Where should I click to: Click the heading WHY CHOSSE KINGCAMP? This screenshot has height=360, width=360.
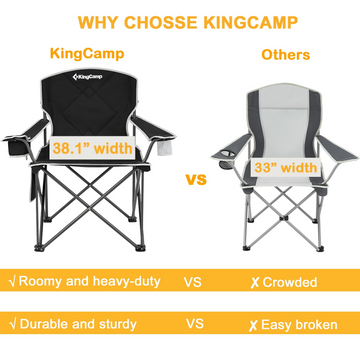tap(180, 21)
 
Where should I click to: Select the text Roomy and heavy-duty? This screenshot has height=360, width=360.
tap(87, 282)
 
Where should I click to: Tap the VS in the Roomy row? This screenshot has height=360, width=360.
tap(195, 282)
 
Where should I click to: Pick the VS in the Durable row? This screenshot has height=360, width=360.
tap(195, 324)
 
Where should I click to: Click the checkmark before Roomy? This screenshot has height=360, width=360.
tap(11, 282)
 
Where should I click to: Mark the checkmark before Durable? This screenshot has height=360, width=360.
tap(11, 324)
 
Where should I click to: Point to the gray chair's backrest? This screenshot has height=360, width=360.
tap(284, 110)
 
